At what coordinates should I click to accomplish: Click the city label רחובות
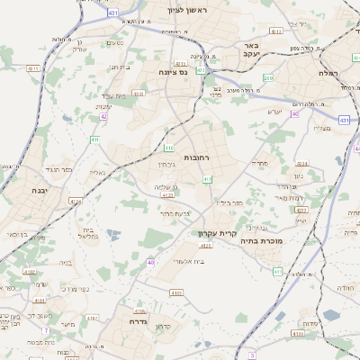[x=196, y=157]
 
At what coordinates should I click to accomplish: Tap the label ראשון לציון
[x=187, y=10]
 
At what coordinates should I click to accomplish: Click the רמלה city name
[x=327, y=71]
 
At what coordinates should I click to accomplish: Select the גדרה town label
[x=138, y=320]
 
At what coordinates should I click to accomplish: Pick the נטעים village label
[x=115, y=42]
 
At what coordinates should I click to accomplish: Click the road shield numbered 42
[x=104, y=116]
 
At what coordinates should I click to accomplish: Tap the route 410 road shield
[x=169, y=148]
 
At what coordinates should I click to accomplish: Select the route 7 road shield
[x=44, y=331]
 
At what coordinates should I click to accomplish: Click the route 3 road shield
[x=252, y=355]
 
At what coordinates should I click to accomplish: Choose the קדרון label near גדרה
[x=163, y=326]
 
